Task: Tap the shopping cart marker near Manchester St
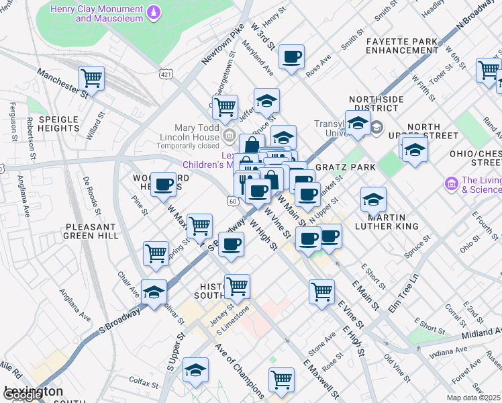point(91,77)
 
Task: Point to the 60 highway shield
point(232,201)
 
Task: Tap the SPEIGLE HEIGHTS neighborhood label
point(59,124)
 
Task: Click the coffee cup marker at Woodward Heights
point(163,184)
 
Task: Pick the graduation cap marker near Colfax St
point(195,369)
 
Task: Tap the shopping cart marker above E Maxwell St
point(281,379)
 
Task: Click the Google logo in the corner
point(22,395)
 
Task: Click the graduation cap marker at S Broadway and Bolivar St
point(154,292)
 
